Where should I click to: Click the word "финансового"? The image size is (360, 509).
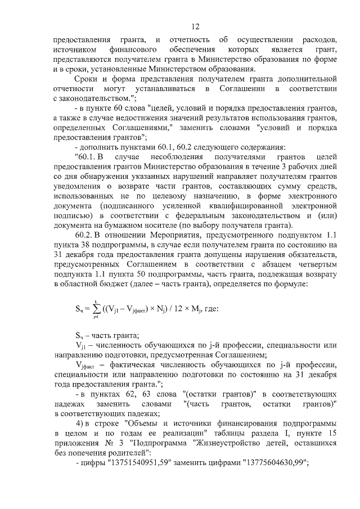(131, 50)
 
